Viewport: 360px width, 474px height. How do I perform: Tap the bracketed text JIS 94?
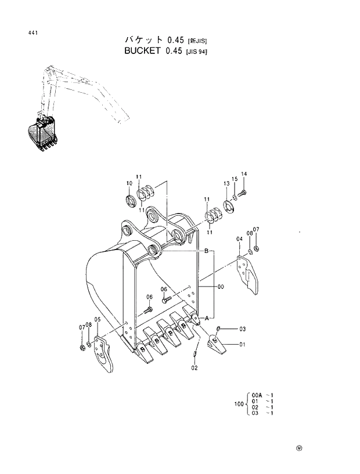coord(196,52)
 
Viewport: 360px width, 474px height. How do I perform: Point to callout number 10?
coord(129,183)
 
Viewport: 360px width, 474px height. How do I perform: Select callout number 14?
coord(244,175)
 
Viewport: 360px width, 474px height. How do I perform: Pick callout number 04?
coord(239,239)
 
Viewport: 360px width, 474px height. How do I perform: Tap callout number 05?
coord(98,320)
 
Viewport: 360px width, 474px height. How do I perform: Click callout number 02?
coord(195,367)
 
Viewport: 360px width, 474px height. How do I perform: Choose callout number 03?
coord(242,329)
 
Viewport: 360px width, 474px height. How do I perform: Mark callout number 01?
coord(242,345)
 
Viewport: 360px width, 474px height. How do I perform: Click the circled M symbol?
coord(300,448)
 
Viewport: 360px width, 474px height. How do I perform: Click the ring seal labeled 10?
coord(131,201)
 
